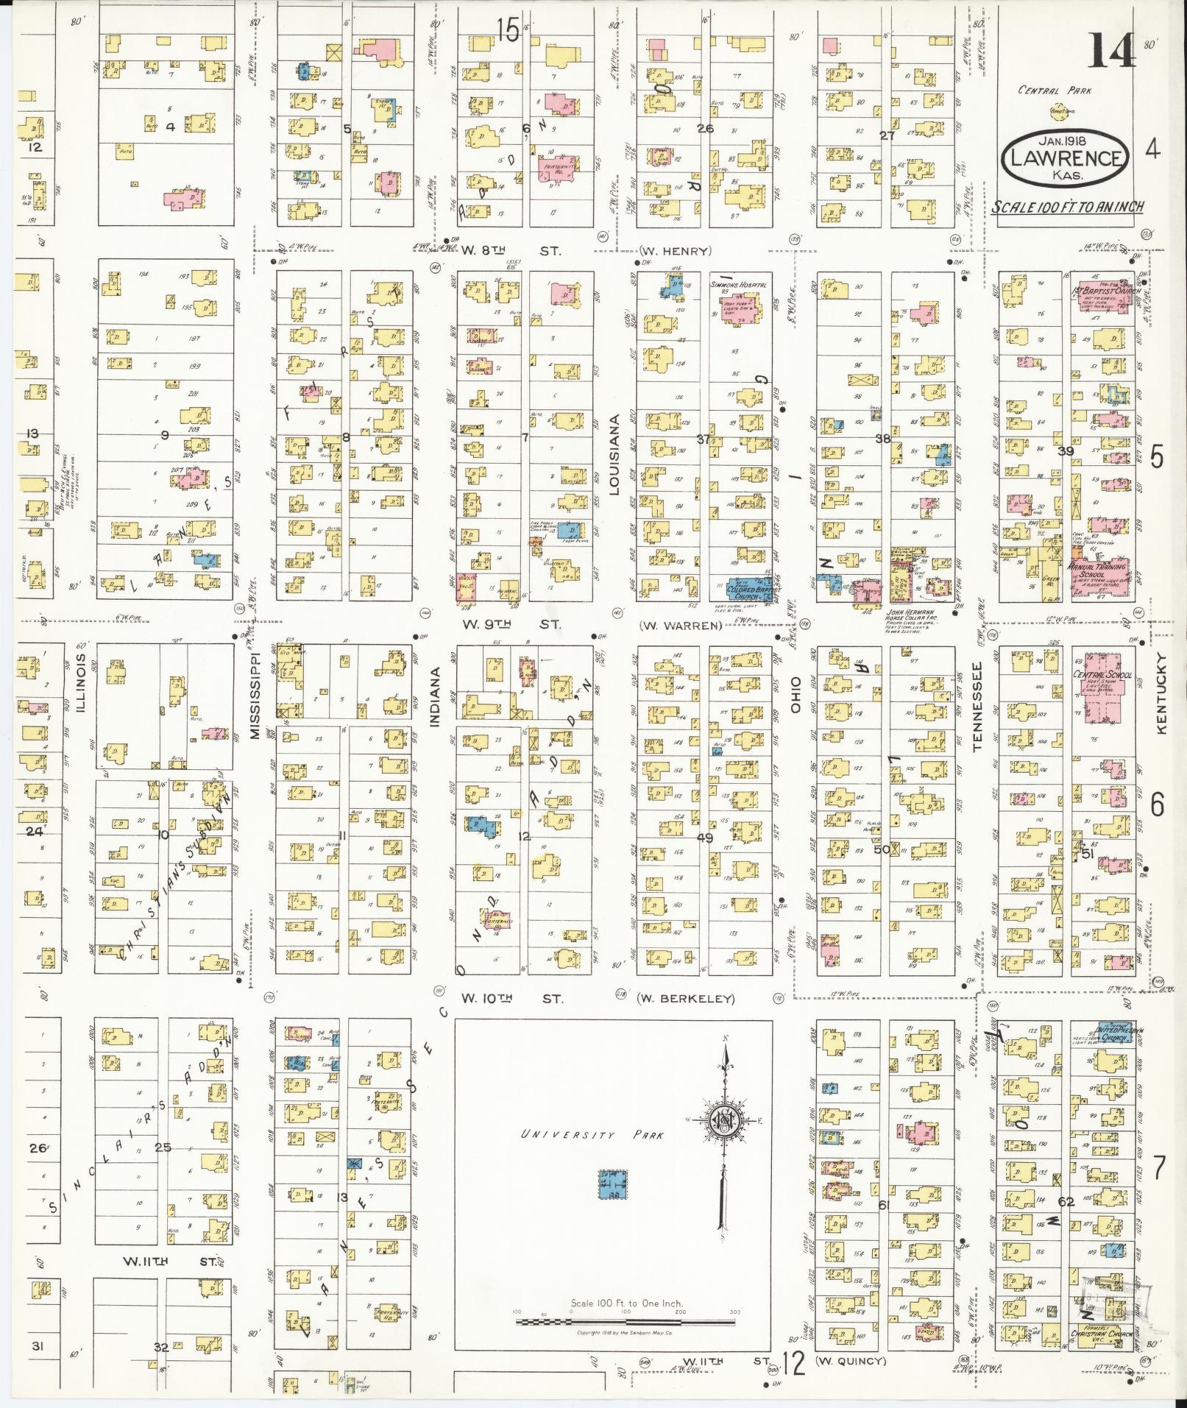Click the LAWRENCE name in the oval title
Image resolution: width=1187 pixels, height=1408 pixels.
[x=1066, y=159]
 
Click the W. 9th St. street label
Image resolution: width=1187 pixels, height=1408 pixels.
[x=511, y=625]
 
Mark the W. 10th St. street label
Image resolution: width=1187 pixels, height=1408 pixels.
[x=512, y=999]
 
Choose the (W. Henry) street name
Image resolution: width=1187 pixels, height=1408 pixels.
[x=675, y=251]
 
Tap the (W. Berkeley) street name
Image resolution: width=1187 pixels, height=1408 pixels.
[x=686, y=999]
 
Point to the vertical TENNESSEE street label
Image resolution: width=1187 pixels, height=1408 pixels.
[x=978, y=706]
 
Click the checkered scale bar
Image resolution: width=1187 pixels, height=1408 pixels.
[x=626, y=1323]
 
